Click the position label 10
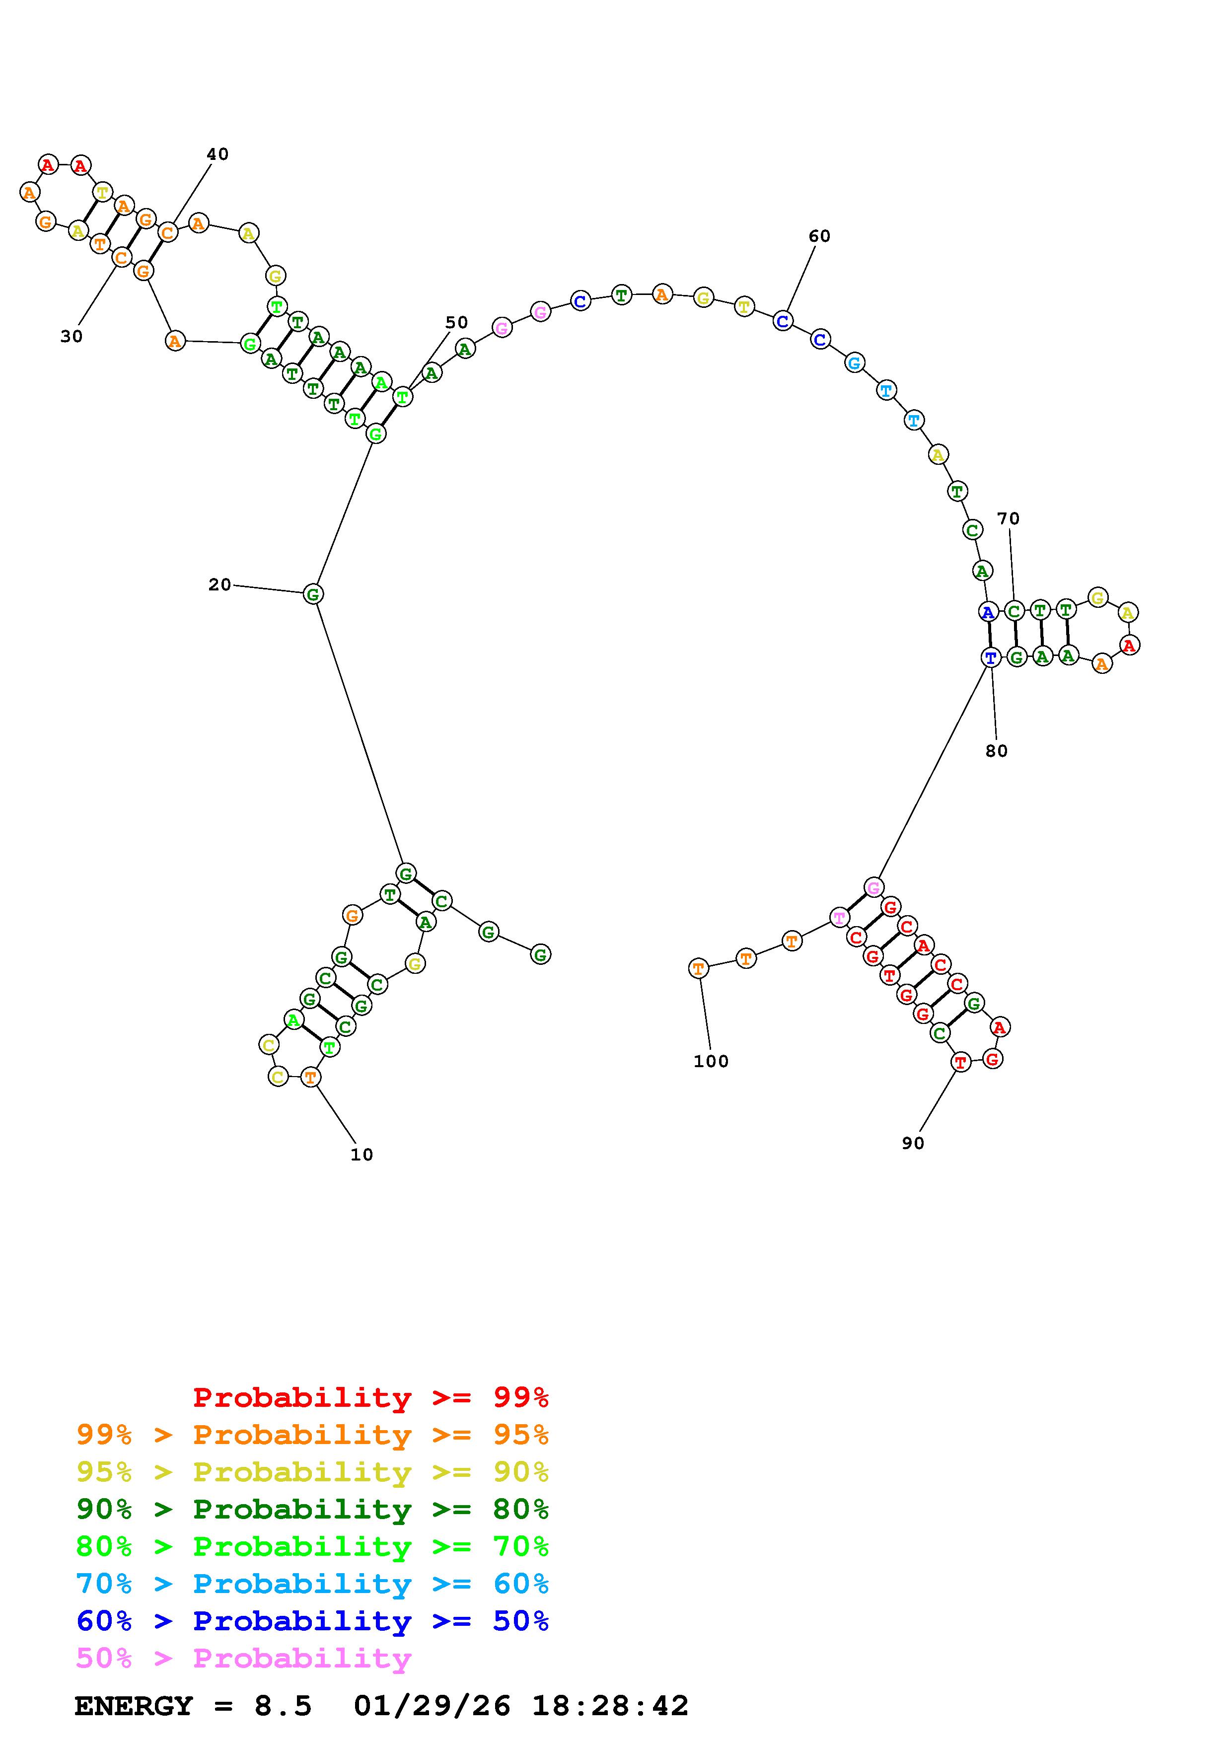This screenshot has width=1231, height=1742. [362, 1155]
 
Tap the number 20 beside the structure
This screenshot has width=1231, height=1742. [219, 584]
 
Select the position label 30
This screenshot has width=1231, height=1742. [72, 336]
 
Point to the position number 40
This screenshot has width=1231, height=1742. [217, 154]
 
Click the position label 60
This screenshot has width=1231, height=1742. [819, 236]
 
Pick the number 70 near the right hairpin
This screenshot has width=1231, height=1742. [1008, 518]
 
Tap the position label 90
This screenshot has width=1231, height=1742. [913, 1144]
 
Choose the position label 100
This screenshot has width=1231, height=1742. [711, 1061]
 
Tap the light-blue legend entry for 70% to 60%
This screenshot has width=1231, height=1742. [312, 1584]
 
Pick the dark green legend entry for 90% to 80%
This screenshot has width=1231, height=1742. [312, 1509]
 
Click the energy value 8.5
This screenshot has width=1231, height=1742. [283, 1706]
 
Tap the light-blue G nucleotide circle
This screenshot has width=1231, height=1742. [855, 363]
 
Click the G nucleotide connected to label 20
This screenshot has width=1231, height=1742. [313, 594]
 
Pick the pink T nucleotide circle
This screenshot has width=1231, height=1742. [839, 918]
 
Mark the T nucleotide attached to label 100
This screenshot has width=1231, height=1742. [699, 969]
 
